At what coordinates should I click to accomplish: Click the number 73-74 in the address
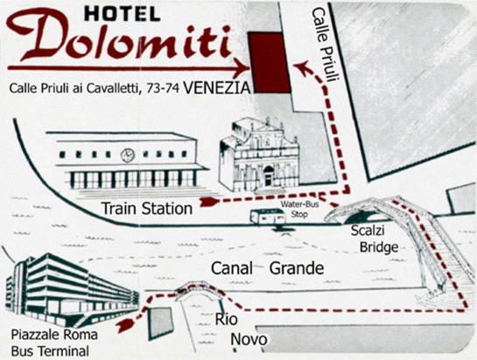point(161,88)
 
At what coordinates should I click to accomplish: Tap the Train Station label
point(146,208)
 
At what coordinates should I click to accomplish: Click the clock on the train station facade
point(128,155)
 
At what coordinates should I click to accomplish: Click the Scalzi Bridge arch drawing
point(371,211)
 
